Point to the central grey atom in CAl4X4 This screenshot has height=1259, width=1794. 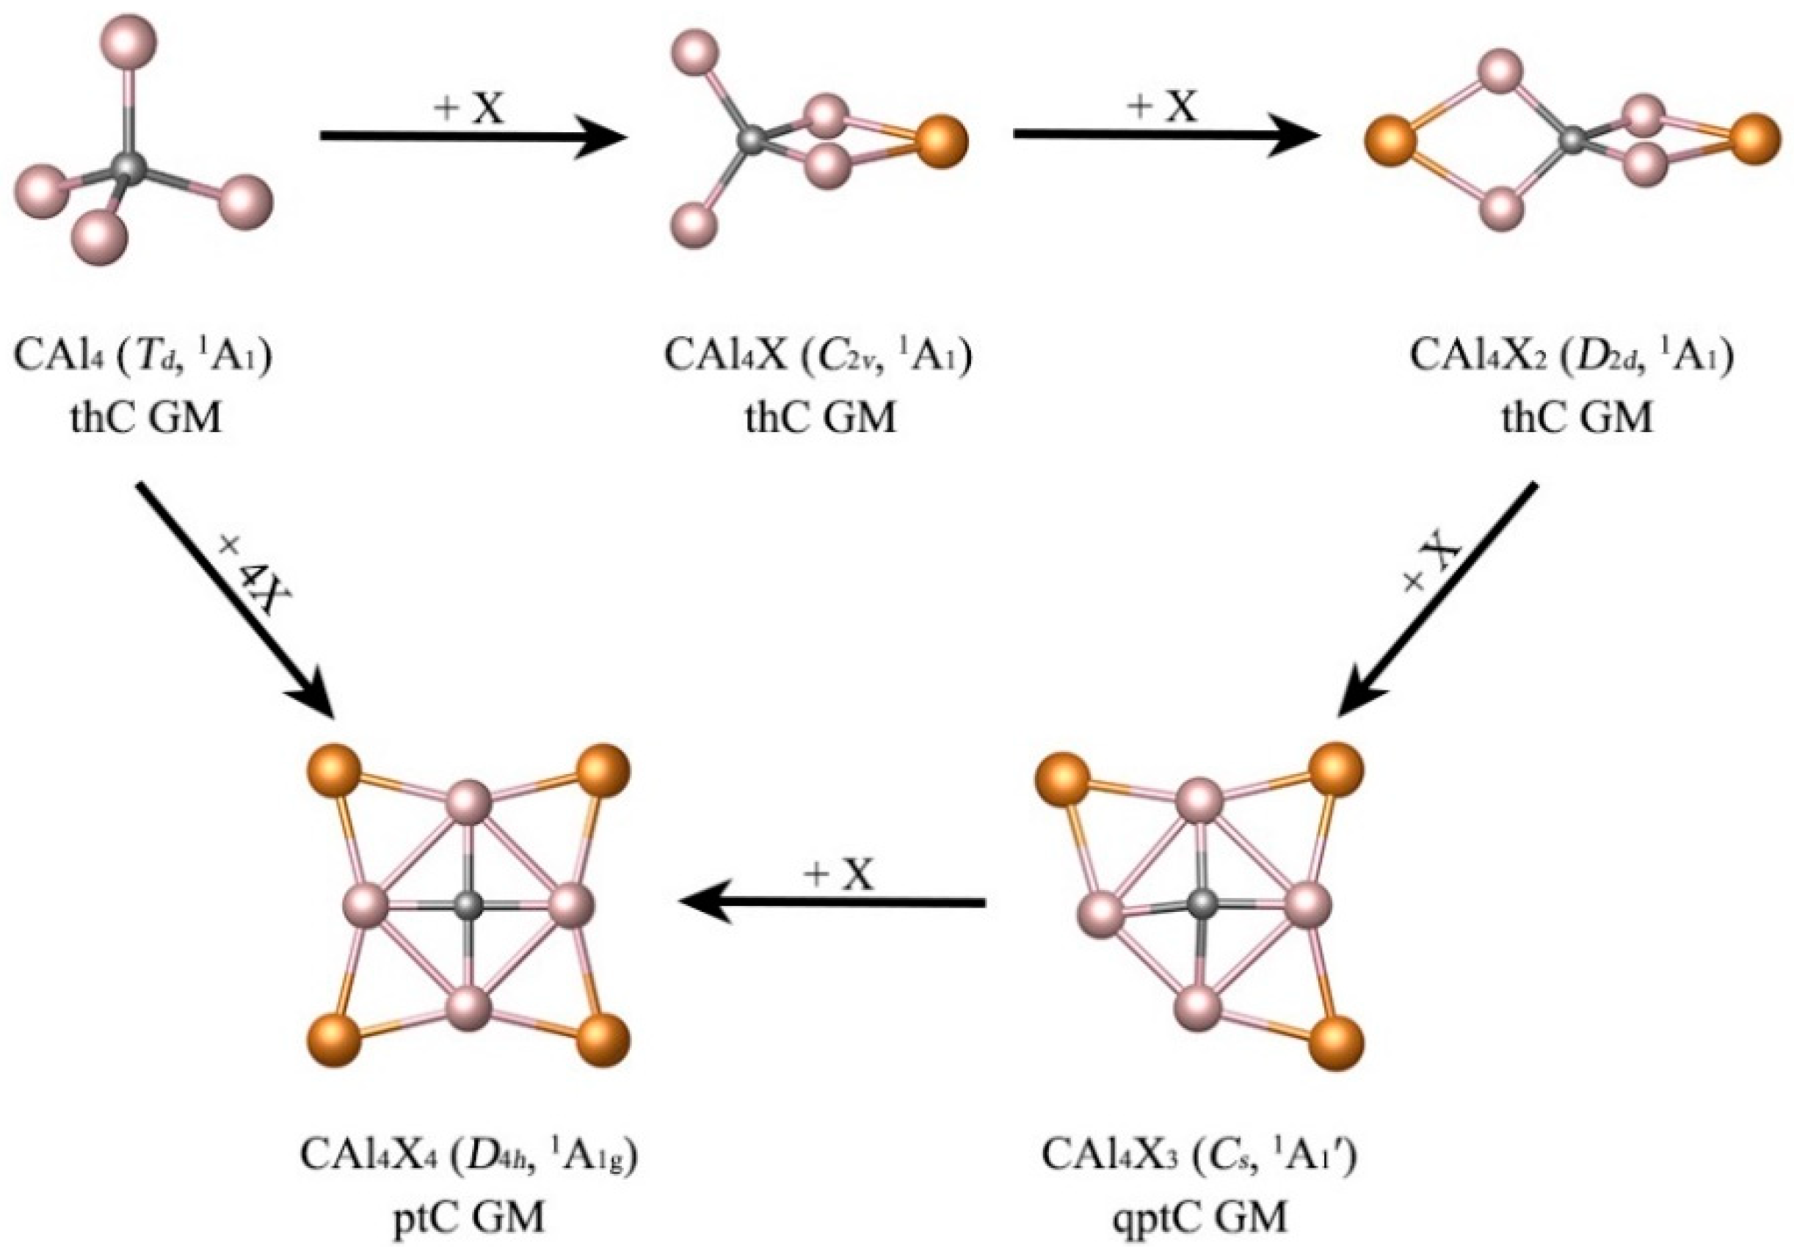point(470,905)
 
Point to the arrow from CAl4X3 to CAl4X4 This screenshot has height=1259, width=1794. point(832,903)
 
